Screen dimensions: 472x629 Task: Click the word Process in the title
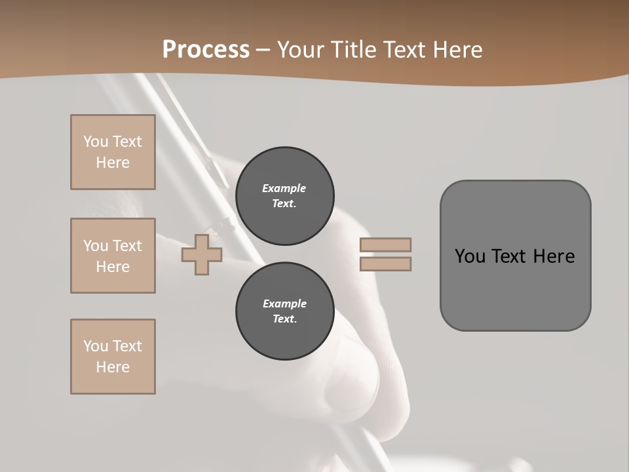(206, 50)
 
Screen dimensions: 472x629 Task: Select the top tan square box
(113, 152)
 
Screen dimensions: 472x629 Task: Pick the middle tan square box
(113, 256)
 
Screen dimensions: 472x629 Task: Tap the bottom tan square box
(113, 357)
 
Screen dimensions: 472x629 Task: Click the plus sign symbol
(202, 254)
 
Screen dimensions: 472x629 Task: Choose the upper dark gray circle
(284, 196)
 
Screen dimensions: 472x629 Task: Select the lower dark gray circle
(284, 311)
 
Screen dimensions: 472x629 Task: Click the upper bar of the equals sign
(385, 245)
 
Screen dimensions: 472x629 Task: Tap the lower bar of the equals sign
(385, 264)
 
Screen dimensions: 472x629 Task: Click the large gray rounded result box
(515, 288)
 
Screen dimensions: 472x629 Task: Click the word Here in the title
(458, 50)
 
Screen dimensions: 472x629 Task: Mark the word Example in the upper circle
(284, 188)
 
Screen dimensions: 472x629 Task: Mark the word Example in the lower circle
(284, 304)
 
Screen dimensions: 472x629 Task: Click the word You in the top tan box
(96, 142)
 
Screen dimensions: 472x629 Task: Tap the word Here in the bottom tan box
(113, 367)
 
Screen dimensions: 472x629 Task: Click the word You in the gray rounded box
(470, 256)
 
